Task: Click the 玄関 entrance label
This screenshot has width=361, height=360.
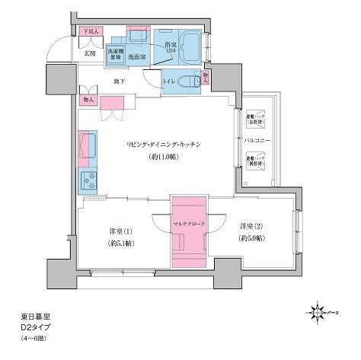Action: point(88,54)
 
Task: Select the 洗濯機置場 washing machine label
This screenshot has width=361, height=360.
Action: point(114,55)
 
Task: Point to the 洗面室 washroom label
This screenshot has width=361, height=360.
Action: point(137,56)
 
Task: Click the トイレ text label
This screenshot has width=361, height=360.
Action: point(171,78)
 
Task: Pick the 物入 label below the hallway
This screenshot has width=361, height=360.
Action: point(88,99)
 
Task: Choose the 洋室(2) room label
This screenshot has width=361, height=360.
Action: point(251,225)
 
